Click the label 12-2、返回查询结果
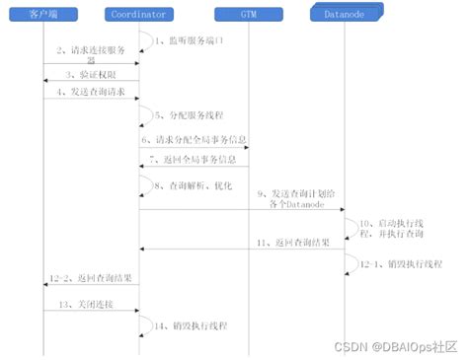[91, 280]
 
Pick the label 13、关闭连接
[86, 304]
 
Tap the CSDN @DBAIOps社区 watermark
[395, 346]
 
